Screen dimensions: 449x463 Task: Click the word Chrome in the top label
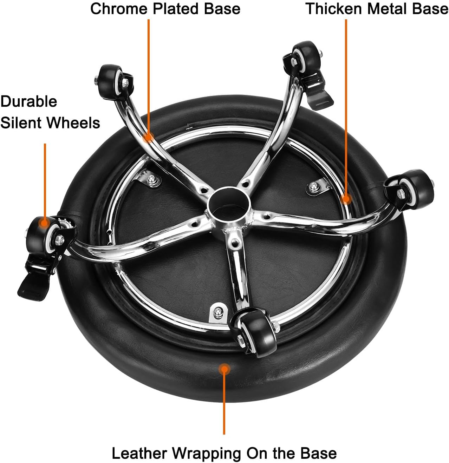[120, 9]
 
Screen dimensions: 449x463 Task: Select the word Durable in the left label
[29, 101]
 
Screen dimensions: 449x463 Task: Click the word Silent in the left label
[21, 123]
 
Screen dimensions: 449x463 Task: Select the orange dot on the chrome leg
[148, 137]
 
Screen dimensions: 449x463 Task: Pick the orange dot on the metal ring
[346, 199]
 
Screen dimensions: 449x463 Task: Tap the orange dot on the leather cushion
[224, 369]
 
